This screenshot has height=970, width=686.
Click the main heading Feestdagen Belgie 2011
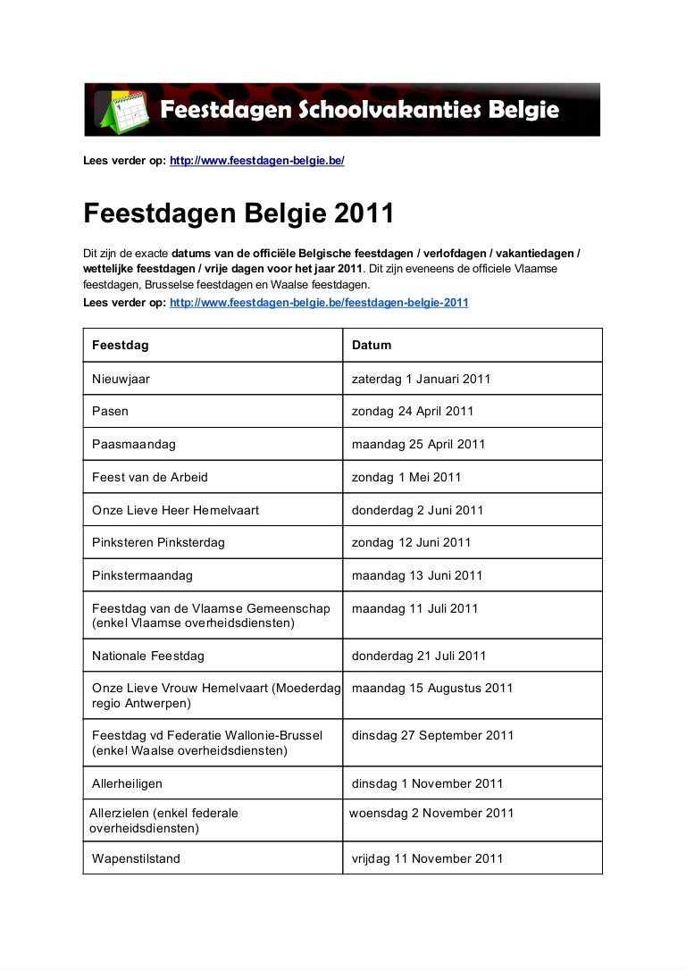[x=238, y=214]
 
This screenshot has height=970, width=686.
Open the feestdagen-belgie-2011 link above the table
[x=319, y=303]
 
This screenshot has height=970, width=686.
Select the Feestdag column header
[x=121, y=345]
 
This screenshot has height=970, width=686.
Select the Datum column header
[x=372, y=345]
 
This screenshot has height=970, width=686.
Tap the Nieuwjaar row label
[x=121, y=379]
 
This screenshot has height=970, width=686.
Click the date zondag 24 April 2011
[x=413, y=412]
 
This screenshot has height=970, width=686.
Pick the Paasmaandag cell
[x=134, y=444]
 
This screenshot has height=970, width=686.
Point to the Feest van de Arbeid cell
[x=150, y=477]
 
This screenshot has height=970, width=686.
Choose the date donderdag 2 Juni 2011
[x=417, y=510]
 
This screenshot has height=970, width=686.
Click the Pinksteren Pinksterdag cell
[x=158, y=542]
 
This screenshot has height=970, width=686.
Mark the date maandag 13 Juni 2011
[x=417, y=575]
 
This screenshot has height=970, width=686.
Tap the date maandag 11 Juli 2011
[x=414, y=608]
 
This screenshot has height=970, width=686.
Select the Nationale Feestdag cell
[x=148, y=656]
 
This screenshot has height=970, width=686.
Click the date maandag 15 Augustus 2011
[x=432, y=689]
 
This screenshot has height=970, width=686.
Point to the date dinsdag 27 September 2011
[x=433, y=736]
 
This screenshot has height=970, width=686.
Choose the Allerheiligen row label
[x=127, y=783]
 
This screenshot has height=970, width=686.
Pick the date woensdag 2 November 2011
[x=431, y=813]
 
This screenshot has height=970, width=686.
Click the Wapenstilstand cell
[x=136, y=858]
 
